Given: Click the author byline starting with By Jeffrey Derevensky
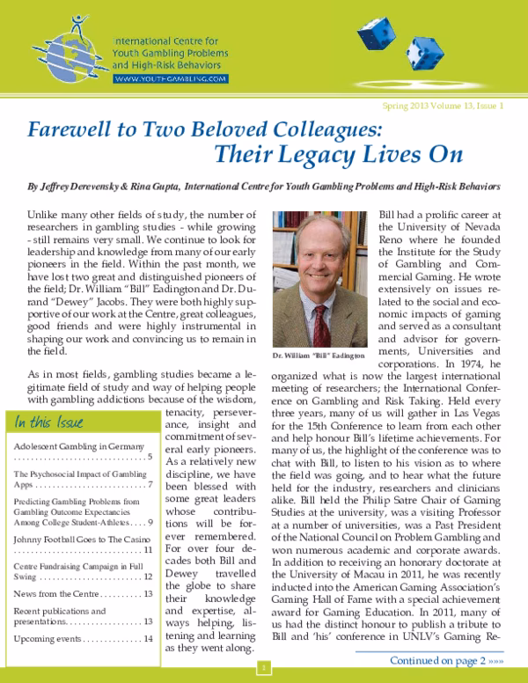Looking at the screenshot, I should (264, 187).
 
